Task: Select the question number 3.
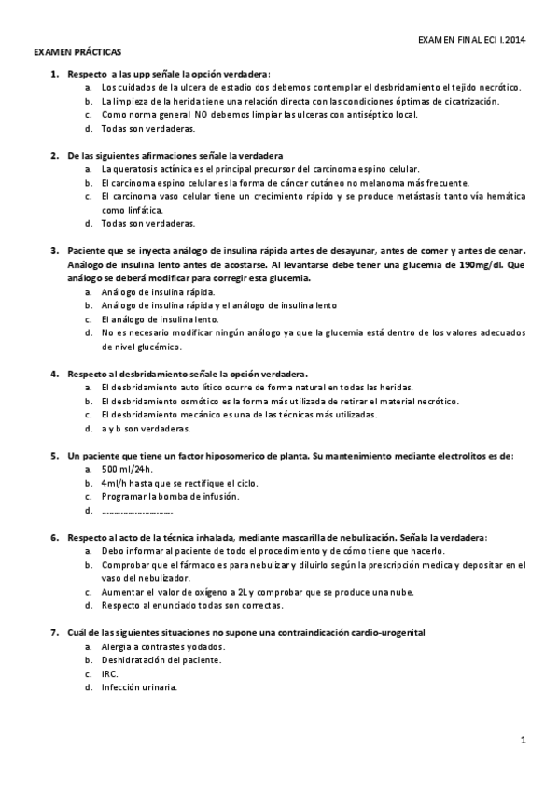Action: pyautogui.click(x=54, y=251)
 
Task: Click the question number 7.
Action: pyautogui.click(x=54, y=633)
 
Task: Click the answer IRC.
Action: pyautogui.click(x=109, y=673)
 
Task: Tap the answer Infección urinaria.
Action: pyautogui.click(x=139, y=687)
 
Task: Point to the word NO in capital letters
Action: pyautogui.click(x=202, y=114)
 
